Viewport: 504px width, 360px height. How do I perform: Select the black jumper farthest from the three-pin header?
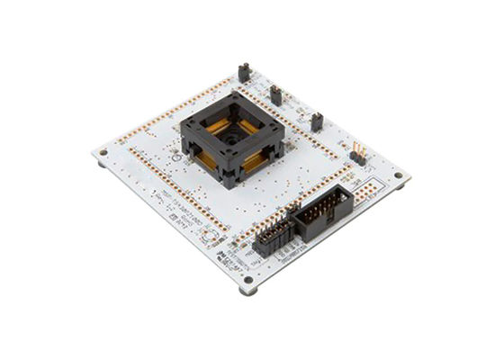(x=243, y=72)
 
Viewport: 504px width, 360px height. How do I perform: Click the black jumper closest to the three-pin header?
(x=316, y=121)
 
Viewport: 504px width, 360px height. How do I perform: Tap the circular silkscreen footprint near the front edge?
(x=207, y=237)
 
